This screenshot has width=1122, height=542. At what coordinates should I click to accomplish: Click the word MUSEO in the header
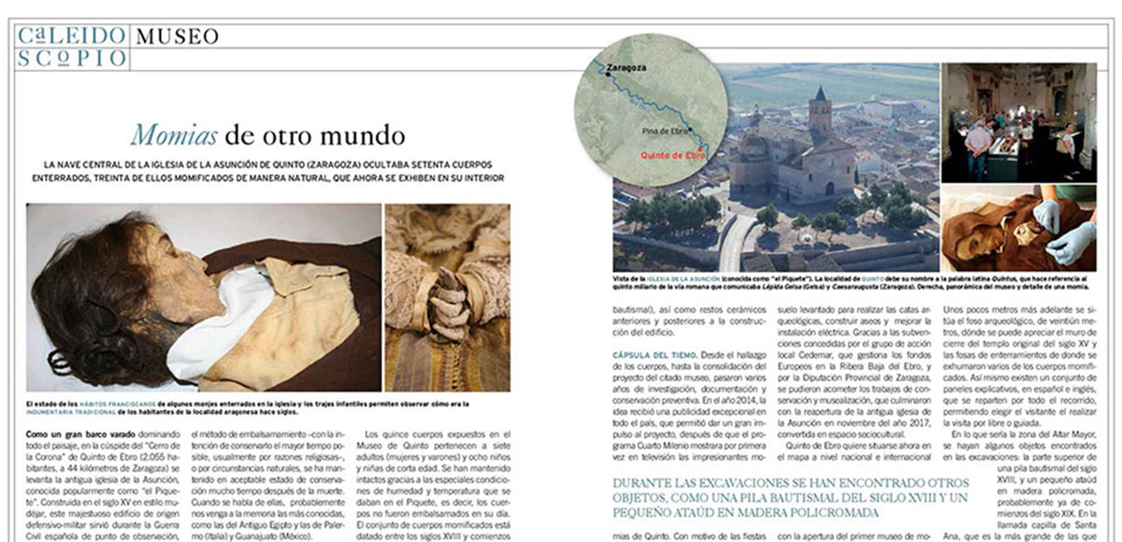178,36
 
